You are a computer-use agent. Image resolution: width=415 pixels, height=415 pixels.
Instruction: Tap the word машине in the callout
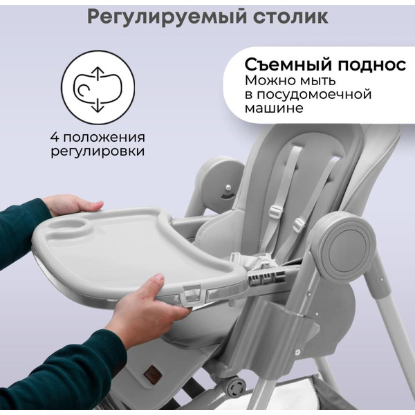pyautogui.click(x=275, y=110)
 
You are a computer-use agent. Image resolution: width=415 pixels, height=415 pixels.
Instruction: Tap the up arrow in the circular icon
pyautogui.click(x=98, y=73)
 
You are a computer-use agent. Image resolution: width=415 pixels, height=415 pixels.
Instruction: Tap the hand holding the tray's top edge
pyautogui.click(x=72, y=205)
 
